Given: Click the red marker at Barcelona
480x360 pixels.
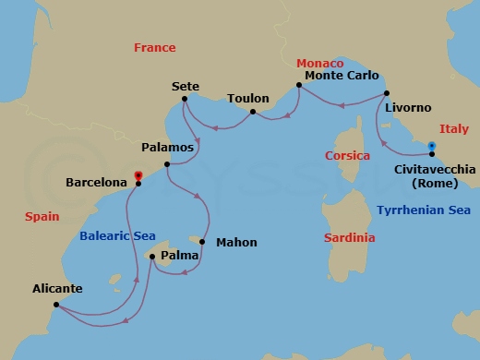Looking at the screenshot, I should tap(138, 175).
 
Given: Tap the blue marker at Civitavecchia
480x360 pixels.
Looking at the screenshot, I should tap(431, 146).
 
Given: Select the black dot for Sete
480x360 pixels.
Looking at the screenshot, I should tap(185, 99).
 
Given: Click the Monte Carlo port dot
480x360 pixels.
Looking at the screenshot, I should tap(298, 87).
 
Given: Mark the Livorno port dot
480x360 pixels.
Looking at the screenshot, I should tap(387, 92).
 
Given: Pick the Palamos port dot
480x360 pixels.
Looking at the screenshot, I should tap(167, 165).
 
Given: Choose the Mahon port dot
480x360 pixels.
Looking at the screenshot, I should tap(202, 243).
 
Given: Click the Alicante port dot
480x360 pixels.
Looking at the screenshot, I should tap(56, 305).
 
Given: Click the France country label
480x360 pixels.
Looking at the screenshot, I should tap(154, 47).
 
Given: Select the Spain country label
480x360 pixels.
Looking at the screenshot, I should tap(41, 216).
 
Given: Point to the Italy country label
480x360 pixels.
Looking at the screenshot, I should tap(453, 128).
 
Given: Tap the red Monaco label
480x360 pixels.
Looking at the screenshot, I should tap(319, 63).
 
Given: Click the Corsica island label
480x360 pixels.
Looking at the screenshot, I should tap(348, 156).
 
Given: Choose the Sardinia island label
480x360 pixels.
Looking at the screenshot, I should tap(349, 237).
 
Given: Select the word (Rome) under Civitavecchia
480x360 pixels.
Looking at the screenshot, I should tap(434, 184).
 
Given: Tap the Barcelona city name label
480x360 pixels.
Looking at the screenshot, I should tap(96, 183).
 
